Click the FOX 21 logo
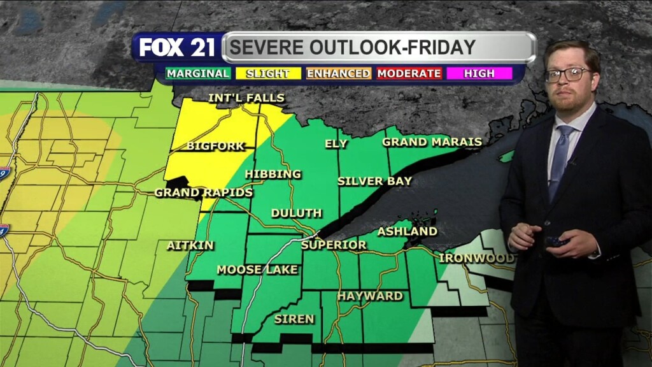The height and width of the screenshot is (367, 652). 178,47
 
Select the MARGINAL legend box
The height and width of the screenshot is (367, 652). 197,73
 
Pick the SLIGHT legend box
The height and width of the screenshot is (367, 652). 267,73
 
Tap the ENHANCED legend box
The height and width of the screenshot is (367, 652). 338,73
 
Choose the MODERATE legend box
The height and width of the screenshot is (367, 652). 409,73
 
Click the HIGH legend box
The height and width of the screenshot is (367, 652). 479,73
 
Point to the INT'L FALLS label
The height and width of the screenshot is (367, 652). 246,98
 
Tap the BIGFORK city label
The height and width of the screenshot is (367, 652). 215,146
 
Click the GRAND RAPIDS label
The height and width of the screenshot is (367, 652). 204,192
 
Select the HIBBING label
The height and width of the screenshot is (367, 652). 273,174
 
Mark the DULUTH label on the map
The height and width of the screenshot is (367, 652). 297,213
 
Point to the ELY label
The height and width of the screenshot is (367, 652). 336,144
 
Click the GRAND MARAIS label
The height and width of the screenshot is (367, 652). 432,141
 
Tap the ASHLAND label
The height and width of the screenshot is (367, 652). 407,231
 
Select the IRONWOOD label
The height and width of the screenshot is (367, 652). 476,258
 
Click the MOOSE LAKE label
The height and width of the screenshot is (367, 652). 257,270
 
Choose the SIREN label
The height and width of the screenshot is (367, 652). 294,319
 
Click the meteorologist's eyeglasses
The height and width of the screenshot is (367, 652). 569,75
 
